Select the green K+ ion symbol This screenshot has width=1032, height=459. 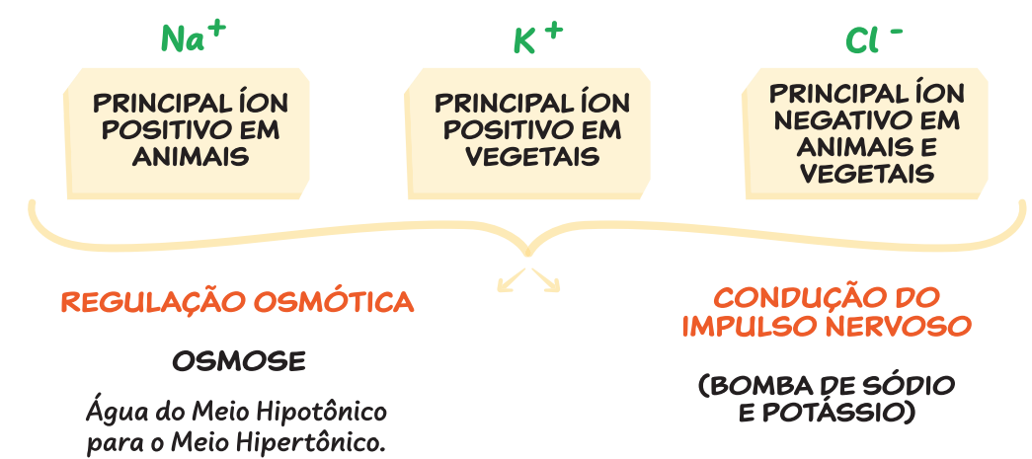(537, 38)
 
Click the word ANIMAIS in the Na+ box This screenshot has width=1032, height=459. (191, 156)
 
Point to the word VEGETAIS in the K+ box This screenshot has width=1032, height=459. (533, 156)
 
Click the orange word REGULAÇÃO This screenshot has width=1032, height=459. (155, 302)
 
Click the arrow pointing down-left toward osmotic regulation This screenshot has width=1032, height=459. (511, 282)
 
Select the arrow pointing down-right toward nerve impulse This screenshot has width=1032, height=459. (547, 280)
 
